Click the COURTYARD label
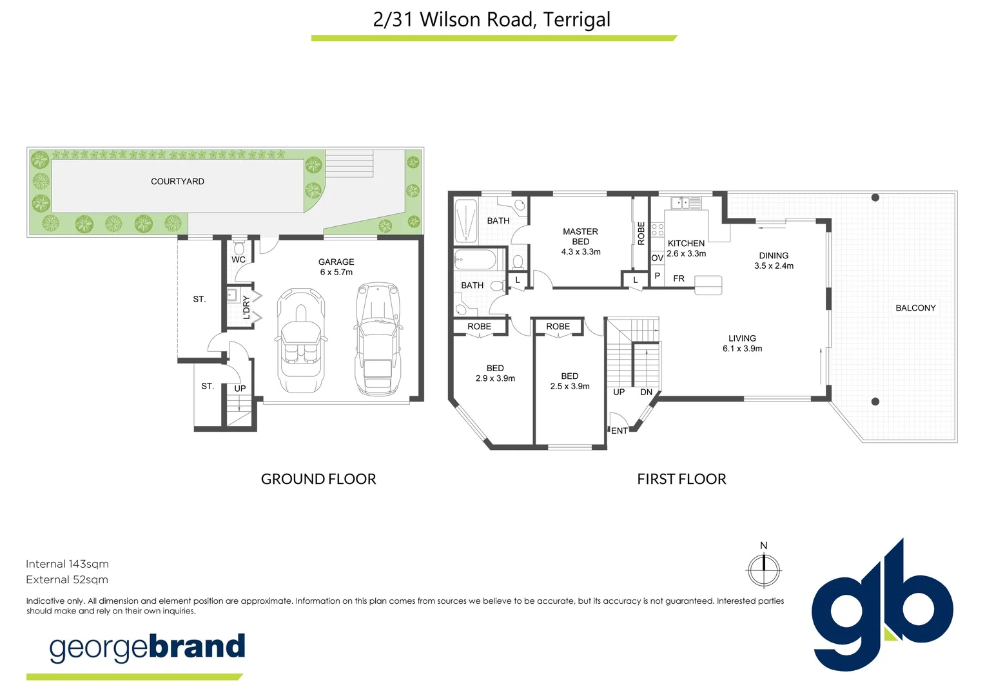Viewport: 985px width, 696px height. tap(177, 182)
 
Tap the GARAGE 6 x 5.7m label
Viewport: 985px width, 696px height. tap(336, 267)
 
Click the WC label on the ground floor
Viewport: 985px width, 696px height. tap(239, 260)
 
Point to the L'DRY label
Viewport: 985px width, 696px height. tap(246, 307)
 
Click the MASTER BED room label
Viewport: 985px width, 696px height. tap(580, 241)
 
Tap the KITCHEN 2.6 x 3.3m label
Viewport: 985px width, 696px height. tap(686, 248)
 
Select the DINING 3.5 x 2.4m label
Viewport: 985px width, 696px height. tap(774, 260)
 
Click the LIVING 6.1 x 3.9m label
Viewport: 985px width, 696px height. tap(742, 343)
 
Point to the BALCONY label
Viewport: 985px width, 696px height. tap(915, 308)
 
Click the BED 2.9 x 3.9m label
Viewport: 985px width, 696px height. tap(495, 373)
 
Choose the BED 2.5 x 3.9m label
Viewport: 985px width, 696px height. tap(570, 381)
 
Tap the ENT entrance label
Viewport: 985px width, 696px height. tap(619, 430)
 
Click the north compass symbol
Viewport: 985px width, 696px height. tap(764, 570)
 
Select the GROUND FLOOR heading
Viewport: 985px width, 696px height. tap(318, 479)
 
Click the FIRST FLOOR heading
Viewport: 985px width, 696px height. tap(681, 479)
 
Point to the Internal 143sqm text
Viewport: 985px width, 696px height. tap(67, 564)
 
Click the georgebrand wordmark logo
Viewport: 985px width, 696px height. tap(148, 648)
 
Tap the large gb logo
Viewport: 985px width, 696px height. tap(881, 606)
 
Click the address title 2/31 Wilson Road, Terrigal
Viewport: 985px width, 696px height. tap(492, 19)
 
